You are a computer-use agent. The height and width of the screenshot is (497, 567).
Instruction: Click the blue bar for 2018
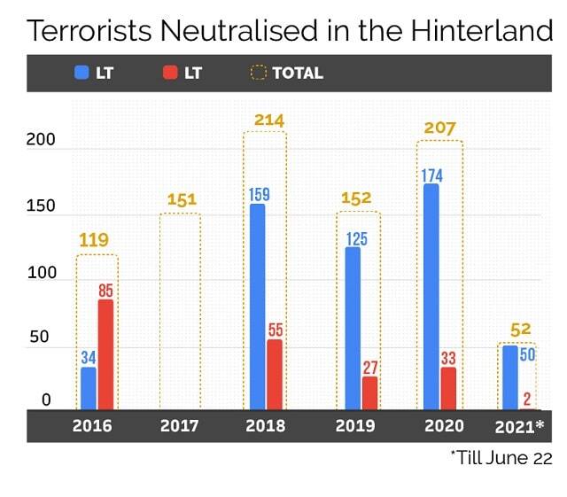tap(257, 307)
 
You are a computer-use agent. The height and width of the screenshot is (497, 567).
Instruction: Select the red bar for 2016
tap(105, 354)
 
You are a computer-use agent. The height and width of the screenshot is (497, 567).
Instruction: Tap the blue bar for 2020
tap(431, 297)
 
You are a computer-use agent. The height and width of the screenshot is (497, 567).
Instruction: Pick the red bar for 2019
tap(369, 392)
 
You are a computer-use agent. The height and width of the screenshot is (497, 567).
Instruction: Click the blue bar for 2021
tap(510, 377)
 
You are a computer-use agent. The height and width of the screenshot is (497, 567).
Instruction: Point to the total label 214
tap(268, 120)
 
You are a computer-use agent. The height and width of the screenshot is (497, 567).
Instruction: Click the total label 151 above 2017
tap(182, 199)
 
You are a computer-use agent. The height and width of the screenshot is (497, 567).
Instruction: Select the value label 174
tap(431, 172)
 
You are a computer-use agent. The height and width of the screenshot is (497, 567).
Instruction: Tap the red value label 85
tap(105, 290)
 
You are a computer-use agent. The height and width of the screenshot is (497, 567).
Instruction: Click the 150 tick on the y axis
tap(40, 206)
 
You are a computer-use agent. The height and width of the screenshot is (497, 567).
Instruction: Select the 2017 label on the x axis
tap(180, 426)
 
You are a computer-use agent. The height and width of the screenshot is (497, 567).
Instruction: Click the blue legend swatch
tap(82, 73)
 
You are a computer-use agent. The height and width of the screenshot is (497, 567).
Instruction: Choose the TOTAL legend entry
tap(287, 73)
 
